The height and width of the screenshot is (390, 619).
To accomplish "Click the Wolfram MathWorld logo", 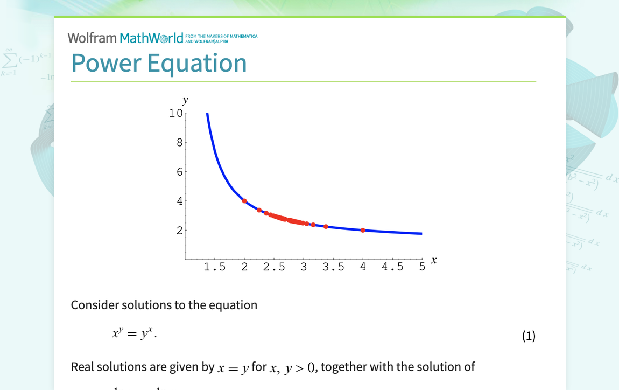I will pos(125,38).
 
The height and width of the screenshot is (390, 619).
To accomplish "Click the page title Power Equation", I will pos(159,63).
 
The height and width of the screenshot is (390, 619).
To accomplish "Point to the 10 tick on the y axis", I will pos(175,113).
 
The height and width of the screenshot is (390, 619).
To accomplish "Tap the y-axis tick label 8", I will pos(179,143).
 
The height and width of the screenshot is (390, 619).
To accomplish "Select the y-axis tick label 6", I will pos(179,172).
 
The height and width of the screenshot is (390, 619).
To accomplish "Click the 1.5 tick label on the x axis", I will pos(215,267).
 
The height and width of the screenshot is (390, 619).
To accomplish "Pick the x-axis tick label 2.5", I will pos(274,267).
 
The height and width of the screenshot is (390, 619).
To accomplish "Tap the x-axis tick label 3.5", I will pos(333,267).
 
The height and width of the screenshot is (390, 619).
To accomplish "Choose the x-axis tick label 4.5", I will pos(392,267).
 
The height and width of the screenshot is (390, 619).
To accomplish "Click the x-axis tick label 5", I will pos(422,267).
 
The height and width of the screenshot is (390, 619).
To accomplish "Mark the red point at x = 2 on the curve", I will pos(244,201).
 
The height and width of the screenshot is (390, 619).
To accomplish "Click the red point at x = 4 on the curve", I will pos(363,230).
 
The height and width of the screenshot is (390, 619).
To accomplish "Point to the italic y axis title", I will pos(185,100).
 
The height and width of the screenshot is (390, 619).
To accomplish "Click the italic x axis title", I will pos(434,261).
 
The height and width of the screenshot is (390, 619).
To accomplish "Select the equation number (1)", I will pos(529,336).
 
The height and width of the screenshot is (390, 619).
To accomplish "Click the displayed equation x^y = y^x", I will pos(134,334).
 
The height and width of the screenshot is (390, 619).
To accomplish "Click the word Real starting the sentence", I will pos(82,367).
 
